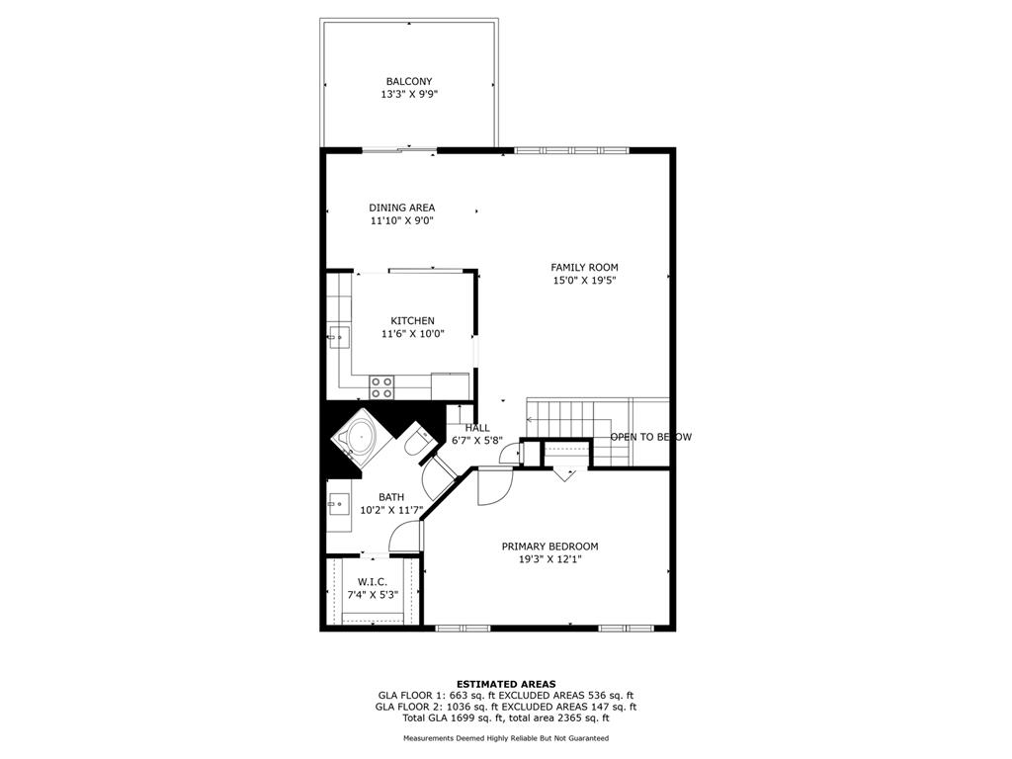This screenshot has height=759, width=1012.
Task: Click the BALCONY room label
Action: [408, 81]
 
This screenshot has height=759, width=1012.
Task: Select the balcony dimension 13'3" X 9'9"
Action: [409, 94]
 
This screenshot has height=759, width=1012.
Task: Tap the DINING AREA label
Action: [401, 208]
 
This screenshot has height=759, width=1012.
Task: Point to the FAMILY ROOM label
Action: [584, 267]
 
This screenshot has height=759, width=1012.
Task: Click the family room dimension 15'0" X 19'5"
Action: [584, 280]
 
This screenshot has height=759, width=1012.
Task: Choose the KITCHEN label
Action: [412, 321]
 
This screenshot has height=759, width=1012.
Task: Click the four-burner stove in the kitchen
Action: [381, 387]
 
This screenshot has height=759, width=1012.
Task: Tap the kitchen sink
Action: [340, 337]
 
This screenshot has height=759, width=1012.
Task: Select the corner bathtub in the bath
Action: [360, 437]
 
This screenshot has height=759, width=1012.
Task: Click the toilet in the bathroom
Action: [416, 441]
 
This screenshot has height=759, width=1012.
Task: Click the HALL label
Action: [477, 428]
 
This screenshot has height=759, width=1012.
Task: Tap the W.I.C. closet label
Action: [372, 582]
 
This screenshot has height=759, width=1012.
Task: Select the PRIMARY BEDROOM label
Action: [549, 547]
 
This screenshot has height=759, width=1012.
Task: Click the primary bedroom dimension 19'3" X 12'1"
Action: [549, 559]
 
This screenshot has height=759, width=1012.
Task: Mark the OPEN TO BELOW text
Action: [650, 437]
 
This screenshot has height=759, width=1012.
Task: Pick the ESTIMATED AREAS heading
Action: [506, 684]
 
